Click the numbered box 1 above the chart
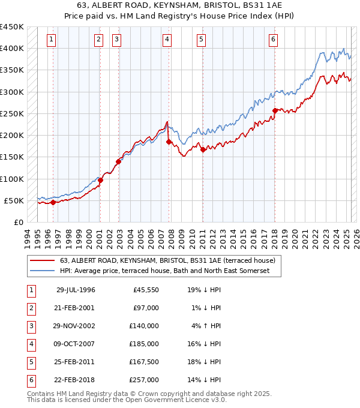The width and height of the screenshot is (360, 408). [x=52, y=40]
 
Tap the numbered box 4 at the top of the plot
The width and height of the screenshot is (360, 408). [x=166, y=40]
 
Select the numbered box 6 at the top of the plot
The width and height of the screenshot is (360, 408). [x=273, y=40]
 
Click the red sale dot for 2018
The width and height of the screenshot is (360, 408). [x=275, y=110]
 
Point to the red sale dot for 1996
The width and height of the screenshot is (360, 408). [x=53, y=202]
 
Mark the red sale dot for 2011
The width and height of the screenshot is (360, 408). [x=203, y=149]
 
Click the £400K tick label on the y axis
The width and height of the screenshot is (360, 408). [x=12, y=49]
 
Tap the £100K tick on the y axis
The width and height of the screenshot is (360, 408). [x=12, y=179]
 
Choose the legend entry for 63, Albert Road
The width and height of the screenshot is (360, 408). [x=167, y=260]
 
